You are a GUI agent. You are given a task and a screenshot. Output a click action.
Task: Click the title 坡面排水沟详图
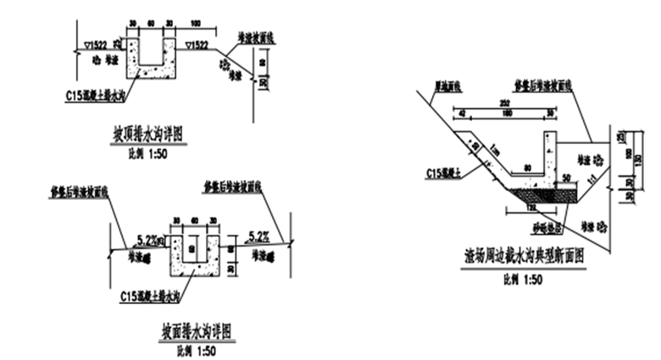click(x=197, y=329)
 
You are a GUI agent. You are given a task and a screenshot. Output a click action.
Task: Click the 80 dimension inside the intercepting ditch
click(x=528, y=168)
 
